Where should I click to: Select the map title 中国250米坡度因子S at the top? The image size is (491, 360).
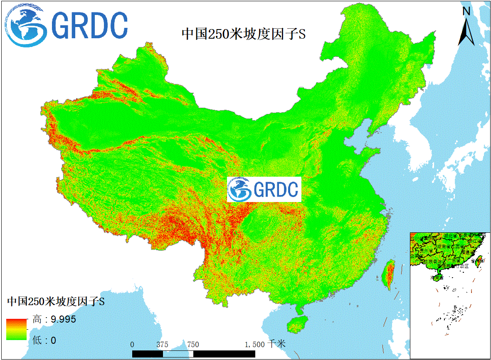point(244,34)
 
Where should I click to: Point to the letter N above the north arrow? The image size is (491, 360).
point(466,12)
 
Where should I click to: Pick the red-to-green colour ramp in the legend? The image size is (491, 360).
point(16,329)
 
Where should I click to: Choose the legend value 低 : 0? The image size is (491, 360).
point(44,340)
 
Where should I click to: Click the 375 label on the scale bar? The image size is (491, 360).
point(162,345)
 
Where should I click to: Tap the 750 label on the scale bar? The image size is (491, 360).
point(193,345)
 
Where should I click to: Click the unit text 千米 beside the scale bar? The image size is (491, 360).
point(277,344)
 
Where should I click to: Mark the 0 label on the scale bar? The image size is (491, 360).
point(132,345)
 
